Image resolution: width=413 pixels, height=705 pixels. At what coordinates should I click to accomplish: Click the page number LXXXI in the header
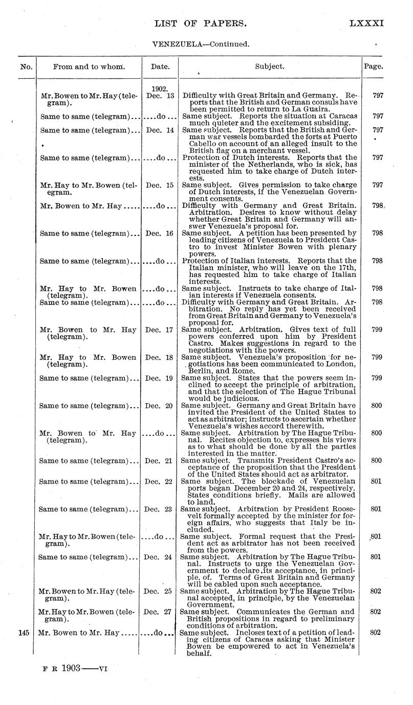(366, 23)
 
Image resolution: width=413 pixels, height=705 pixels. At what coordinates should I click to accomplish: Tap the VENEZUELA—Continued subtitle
(201, 44)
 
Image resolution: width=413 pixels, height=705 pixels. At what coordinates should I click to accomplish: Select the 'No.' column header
(27, 66)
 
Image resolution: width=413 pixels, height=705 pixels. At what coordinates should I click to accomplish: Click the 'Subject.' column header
(270, 66)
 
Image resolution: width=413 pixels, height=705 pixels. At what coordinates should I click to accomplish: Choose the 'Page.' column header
(373, 66)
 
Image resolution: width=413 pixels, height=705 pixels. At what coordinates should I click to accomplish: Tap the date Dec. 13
(160, 95)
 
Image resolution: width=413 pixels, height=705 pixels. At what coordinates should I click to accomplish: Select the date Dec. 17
(160, 330)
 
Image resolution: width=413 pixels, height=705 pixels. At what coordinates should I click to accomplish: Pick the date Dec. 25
(160, 591)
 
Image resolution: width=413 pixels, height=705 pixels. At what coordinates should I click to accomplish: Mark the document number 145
(27, 632)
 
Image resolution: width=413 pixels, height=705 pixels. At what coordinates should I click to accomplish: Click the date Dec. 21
(160, 460)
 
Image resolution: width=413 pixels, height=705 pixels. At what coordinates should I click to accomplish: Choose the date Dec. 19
(160, 378)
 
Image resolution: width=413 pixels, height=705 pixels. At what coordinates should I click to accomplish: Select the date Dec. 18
(160, 357)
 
